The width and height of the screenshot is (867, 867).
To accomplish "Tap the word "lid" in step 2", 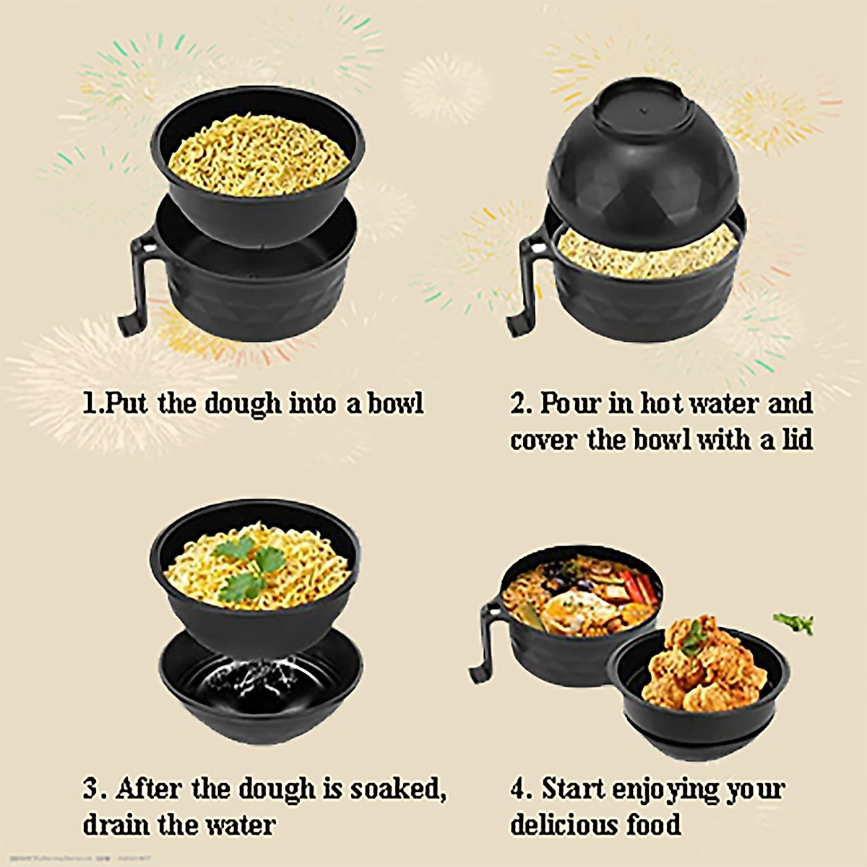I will click(797, 440).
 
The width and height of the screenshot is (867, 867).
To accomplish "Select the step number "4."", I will click(522, 789).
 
